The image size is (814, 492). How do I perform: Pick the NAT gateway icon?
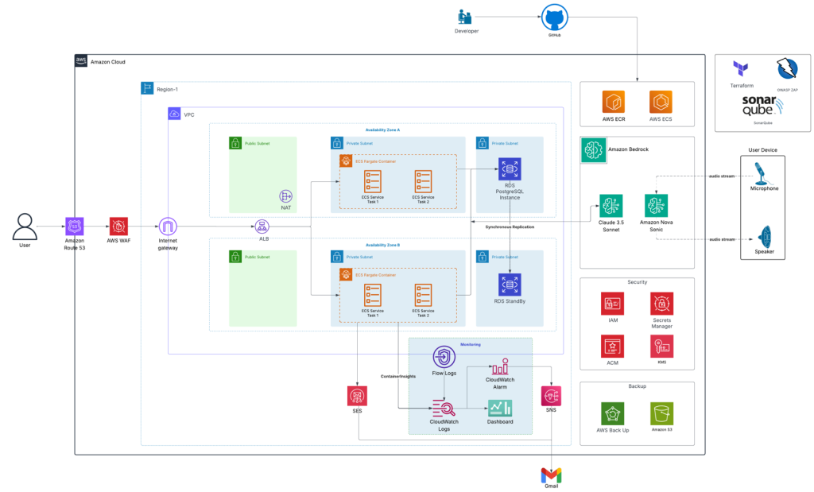(285, 196)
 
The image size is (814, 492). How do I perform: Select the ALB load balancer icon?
(262, 227)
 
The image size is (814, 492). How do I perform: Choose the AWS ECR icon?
(613, 102)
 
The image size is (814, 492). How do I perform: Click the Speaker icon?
(763, 237)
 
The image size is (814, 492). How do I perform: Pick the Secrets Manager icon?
(661, 303)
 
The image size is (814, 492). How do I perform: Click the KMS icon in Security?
(661, 345)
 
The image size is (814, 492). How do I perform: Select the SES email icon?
(357, 396)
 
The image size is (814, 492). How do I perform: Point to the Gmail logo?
(551, 475)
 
